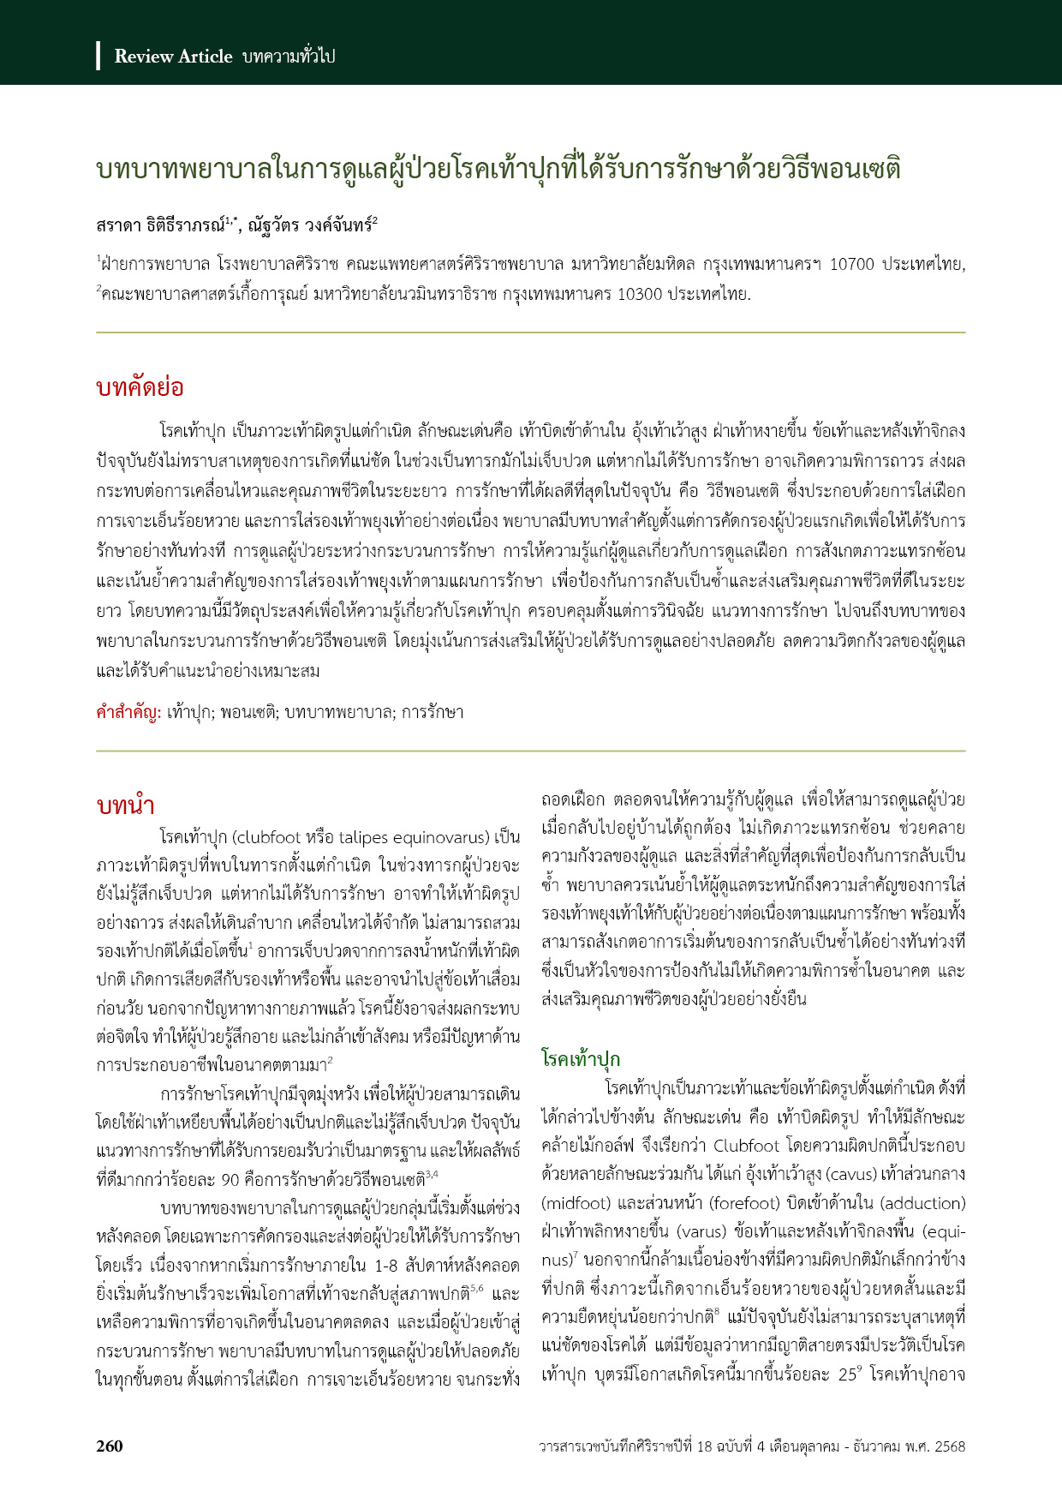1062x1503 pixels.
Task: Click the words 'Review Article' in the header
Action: [x=173, y=57]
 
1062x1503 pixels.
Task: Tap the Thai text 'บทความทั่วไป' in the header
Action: [x=289, y=57]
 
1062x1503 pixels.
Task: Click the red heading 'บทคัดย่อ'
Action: [x=140, y=387]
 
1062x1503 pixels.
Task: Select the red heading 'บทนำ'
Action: [x=125, y=806]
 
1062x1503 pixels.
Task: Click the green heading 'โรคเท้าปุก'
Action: [x=581, y=1059]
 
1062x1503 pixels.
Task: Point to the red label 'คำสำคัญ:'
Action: [x=128, y=712]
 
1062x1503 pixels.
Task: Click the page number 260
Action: [x=110, y=1446]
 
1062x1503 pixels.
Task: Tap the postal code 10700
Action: [x=852, y=265]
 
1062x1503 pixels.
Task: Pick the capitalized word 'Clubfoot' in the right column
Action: [x=746, y=1146]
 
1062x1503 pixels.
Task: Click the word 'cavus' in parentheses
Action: [x=857, y=1174]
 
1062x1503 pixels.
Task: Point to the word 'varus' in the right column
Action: [x=701, y=1231]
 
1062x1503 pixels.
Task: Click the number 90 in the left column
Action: [x=230, y=1180]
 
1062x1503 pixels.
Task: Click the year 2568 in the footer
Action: [x=949, y=1446]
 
